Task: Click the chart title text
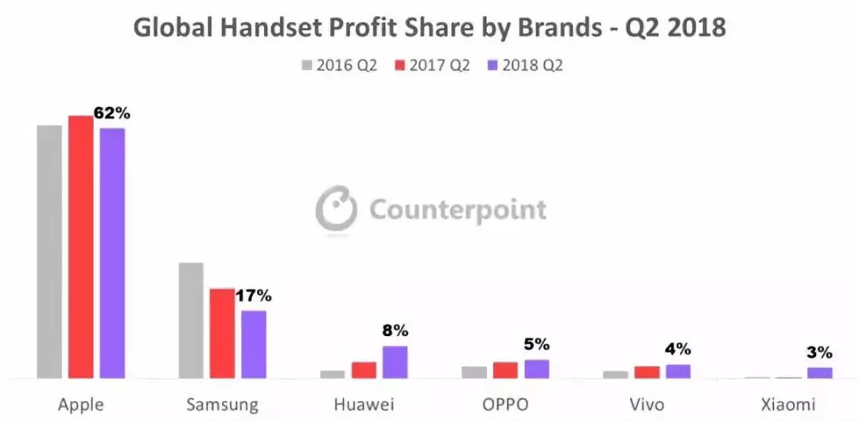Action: pyautogui.click(x=429, y=28)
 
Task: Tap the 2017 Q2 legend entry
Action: pyautogui.click(x=433, y=65)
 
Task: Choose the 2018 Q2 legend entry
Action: pyautogui.click(x=525, y=65)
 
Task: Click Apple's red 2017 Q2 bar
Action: pyautogui.click(x=80, y=246)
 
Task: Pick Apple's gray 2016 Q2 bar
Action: pyautogui.click(x=49, y=251)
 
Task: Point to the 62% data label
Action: pyautogui.click(x=111, y=113)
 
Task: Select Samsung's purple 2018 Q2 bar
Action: pyautogui.click(x=254, y=343)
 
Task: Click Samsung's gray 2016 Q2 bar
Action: pyautogui.click(x=191, y=319)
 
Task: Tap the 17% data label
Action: pyautogui.click(x=254, y=296)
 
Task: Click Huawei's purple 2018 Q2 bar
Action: pyautogui.click(x=395, y=362)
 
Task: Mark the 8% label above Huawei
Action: pyautogui.click(x=395, y=330)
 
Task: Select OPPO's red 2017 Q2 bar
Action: pyautogui.click(x=505, y=370)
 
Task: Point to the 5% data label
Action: pyautogui.click(x=537, y=344)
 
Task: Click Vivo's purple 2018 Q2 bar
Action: pyautogui.click(x=678, y=371)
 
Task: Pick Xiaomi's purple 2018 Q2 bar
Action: pyautogui.click(x=819, y=372)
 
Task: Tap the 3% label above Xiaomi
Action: pyautogui.click(x=819, y=352)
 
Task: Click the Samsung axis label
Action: pyautogui.click(x=222, y=405)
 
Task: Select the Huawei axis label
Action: pyautogui.click(x=363, y=405)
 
